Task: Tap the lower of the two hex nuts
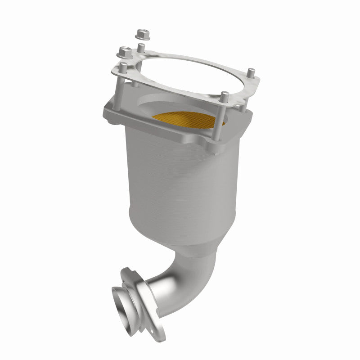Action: click(123, 54)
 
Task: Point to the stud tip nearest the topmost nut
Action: click(141, 46)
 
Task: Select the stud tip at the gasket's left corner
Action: click(122, 67)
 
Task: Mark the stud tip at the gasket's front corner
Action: click(225, 95)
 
